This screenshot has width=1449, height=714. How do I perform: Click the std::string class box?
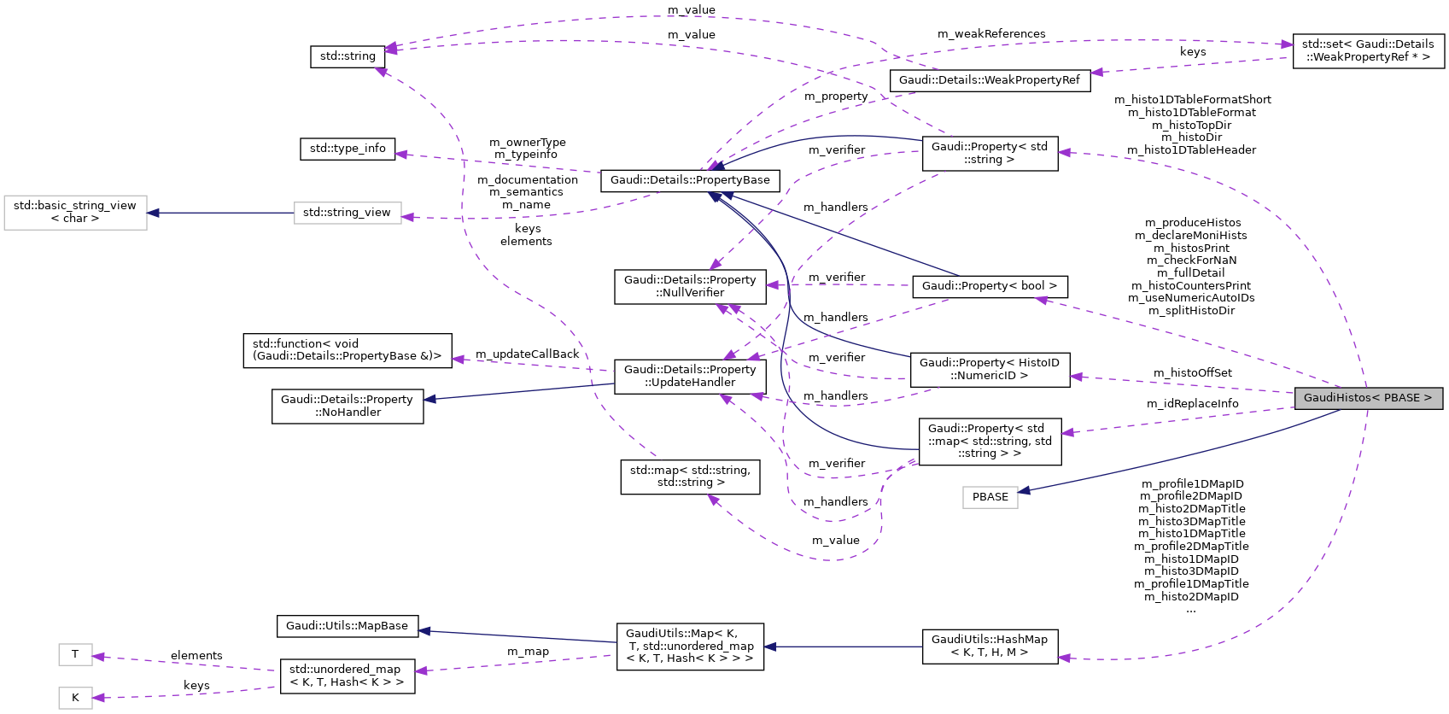pos(347,56)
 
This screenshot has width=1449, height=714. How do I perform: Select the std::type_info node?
pos(347,149)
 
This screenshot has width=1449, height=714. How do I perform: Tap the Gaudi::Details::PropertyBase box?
pos(689,180)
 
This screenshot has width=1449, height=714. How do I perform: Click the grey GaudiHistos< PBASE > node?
pos(1367,398)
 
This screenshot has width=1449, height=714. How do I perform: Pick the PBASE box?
pos(990,497)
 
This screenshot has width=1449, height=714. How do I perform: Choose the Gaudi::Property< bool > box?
pos(989,286)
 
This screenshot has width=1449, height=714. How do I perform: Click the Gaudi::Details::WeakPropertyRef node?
pos(989,80)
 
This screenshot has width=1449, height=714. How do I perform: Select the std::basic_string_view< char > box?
pos(75,213)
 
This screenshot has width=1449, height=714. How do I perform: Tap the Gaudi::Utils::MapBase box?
pos(347,626)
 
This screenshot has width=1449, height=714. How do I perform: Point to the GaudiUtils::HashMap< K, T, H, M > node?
pos(989,646)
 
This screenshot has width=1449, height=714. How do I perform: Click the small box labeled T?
pos(75,655)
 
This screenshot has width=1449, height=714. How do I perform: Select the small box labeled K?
pos(75,698)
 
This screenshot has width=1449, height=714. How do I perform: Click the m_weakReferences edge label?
pos(990,34)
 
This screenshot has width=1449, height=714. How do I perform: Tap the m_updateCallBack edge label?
pos(527,354)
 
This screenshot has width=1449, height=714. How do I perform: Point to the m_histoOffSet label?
pos(1192,373)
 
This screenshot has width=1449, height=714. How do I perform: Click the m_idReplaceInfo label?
pos(1192,404)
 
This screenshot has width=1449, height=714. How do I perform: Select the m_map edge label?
pos(528,652)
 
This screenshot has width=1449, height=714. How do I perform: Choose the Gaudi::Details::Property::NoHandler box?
pos(347,407)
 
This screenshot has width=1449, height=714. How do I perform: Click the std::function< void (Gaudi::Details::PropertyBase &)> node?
pos(347,350)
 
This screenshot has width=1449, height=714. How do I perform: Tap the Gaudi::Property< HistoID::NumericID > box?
pos(989,370)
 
